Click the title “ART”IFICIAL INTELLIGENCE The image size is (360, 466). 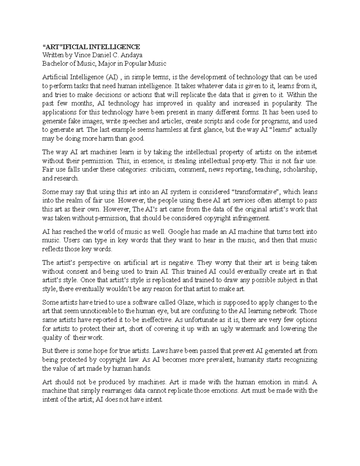pos(91,47)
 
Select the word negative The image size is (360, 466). pos(181,263)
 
